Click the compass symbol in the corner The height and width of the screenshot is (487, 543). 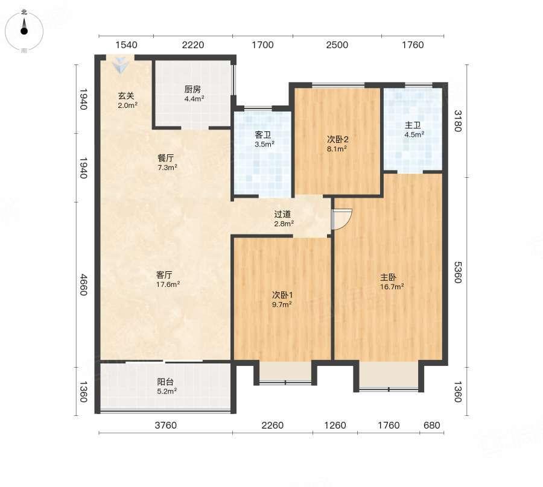(x=24, y=31)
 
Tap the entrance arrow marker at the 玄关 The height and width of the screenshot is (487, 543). (x=120, y=64)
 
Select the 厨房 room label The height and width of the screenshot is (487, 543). (x=192, y=90)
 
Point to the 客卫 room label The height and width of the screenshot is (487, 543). (x=263, y=135)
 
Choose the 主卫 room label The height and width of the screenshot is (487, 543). (x=413, y=125)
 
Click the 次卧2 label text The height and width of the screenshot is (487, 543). (x=338, y=139)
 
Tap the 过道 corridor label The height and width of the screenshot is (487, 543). (x=282, y=215)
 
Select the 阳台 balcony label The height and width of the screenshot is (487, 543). (x=165, y=382)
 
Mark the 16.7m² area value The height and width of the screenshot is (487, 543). (x=392, y=287)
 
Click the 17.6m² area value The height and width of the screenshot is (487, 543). (x=168, y=284)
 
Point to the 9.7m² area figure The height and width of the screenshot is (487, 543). (x=282, y=304)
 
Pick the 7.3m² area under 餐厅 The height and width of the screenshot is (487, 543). (x=167, y=168)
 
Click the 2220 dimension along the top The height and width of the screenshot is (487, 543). (x=193, y=45)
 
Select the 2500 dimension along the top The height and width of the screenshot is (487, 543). (x=337, y=45)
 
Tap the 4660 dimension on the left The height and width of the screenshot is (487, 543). (x=83, y=284)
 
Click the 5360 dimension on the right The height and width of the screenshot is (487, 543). (x=458, y=272)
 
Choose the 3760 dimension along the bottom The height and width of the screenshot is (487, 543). (x=165, y=425)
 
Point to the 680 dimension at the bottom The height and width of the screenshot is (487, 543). (x=431, y=425)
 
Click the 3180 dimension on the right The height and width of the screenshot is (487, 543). (x=458, y=121)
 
